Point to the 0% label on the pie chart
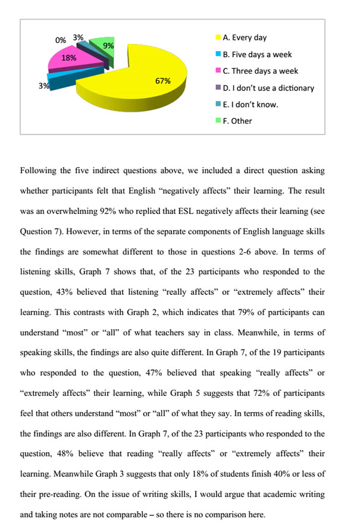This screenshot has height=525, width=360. [60, 40]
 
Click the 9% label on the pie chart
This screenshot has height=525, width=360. [108, 46]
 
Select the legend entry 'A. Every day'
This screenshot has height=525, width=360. [245, 37]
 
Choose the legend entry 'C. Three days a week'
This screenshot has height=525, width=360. [260, 71]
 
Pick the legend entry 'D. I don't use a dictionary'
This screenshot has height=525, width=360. [268, 87]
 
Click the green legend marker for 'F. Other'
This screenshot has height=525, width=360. [218, 121]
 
